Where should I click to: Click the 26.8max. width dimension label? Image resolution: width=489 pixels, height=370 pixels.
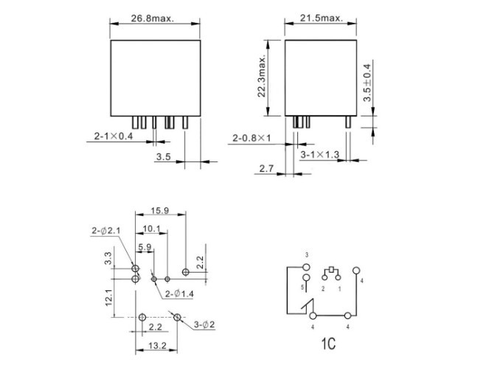(x=152, y=18)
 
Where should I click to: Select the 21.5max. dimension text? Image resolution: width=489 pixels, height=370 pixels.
(x=322, y=18)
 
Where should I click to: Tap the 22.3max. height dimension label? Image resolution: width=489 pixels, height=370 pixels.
(x=262, y=77)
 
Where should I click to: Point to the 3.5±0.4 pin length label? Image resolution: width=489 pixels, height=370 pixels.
(x=367, y=83)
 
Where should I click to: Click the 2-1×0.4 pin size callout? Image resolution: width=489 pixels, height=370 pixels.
(x=114, y=136)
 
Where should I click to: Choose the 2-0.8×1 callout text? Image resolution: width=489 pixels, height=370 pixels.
(x=252, y=138)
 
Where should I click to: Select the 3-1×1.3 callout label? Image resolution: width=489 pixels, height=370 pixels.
(x=319, y=154)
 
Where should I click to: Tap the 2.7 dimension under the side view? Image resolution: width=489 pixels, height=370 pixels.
(x=266, y=169)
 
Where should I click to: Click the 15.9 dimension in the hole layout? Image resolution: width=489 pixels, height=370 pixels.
(x=159, y=211)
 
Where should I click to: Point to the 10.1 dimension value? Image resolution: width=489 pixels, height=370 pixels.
(x=151, y=229)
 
